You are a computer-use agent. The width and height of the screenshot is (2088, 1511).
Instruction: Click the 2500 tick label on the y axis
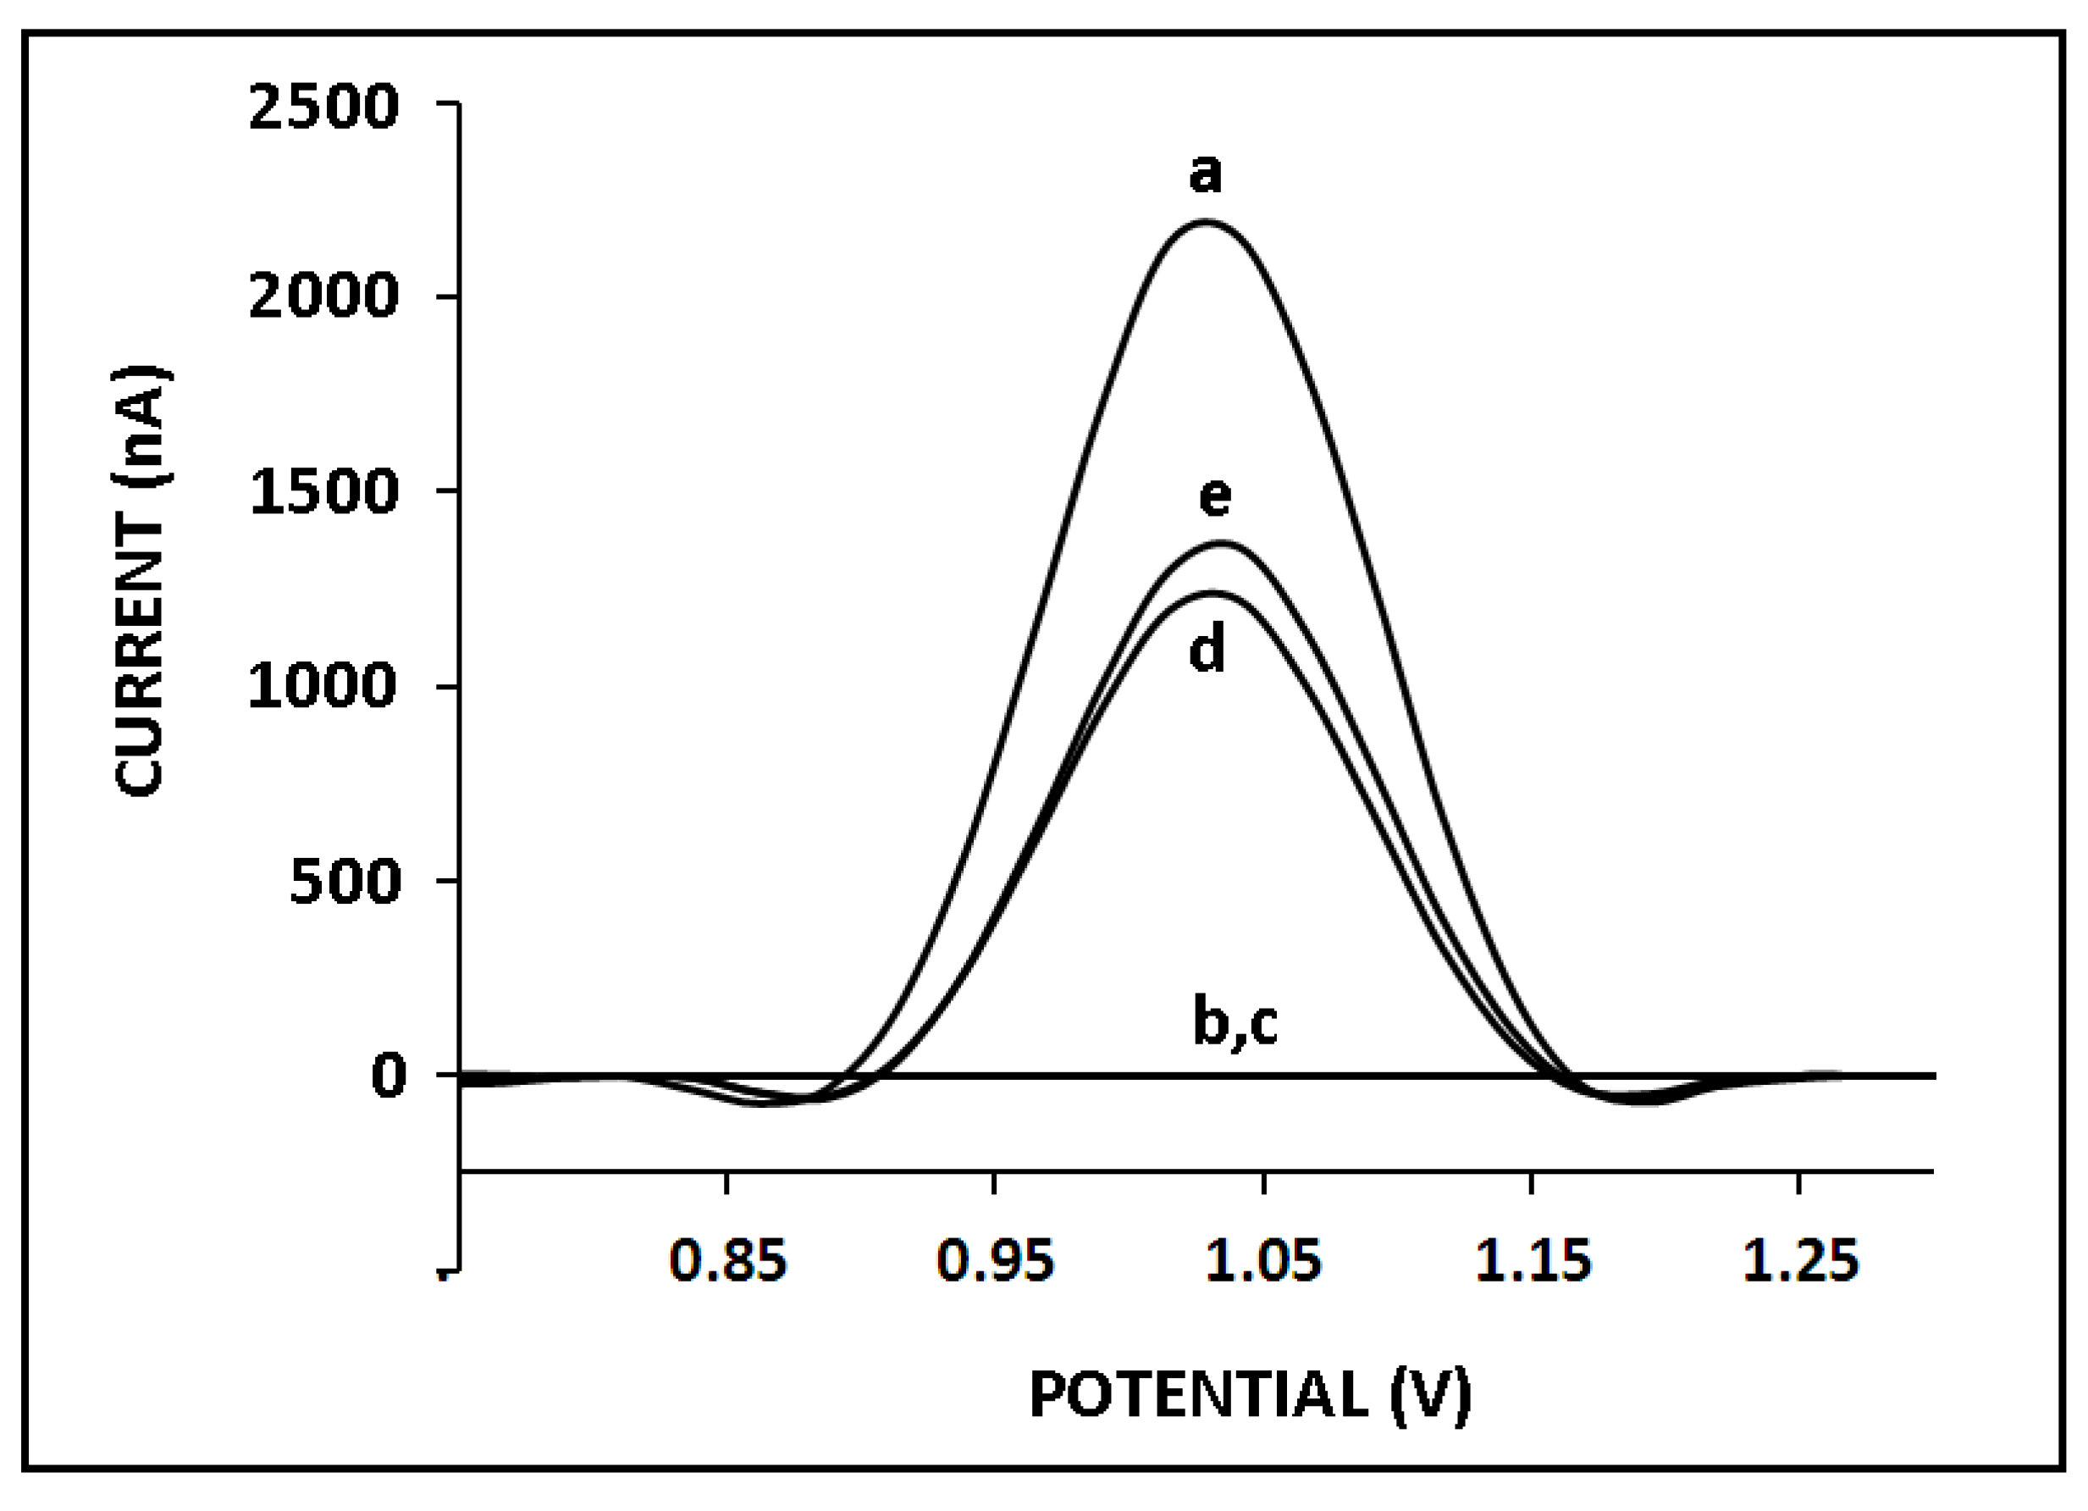(323, 108)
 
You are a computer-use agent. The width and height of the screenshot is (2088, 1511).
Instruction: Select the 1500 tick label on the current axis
(323, 493)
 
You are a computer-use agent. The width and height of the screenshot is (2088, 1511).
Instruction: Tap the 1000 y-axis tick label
(323, 687)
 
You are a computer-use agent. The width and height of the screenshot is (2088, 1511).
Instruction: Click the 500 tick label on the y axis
(345, 882)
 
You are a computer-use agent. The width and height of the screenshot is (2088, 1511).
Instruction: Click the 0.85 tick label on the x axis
(727, 1261)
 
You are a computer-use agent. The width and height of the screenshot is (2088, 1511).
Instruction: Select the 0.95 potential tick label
(994, 1261)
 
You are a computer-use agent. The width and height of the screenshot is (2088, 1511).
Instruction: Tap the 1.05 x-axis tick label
(1263, 1261)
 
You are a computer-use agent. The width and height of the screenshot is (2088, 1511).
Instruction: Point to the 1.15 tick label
(1532, 1261)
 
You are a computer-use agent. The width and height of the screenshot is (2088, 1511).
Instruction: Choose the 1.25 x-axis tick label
(1800, 1261)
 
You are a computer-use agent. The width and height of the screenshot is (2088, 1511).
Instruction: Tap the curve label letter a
(1205, 173)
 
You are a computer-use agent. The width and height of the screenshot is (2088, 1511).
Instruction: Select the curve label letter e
(1215, 497)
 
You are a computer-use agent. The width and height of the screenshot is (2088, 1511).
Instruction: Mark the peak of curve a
(1206, 221)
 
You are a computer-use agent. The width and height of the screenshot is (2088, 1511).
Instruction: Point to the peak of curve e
(1221, 542)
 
